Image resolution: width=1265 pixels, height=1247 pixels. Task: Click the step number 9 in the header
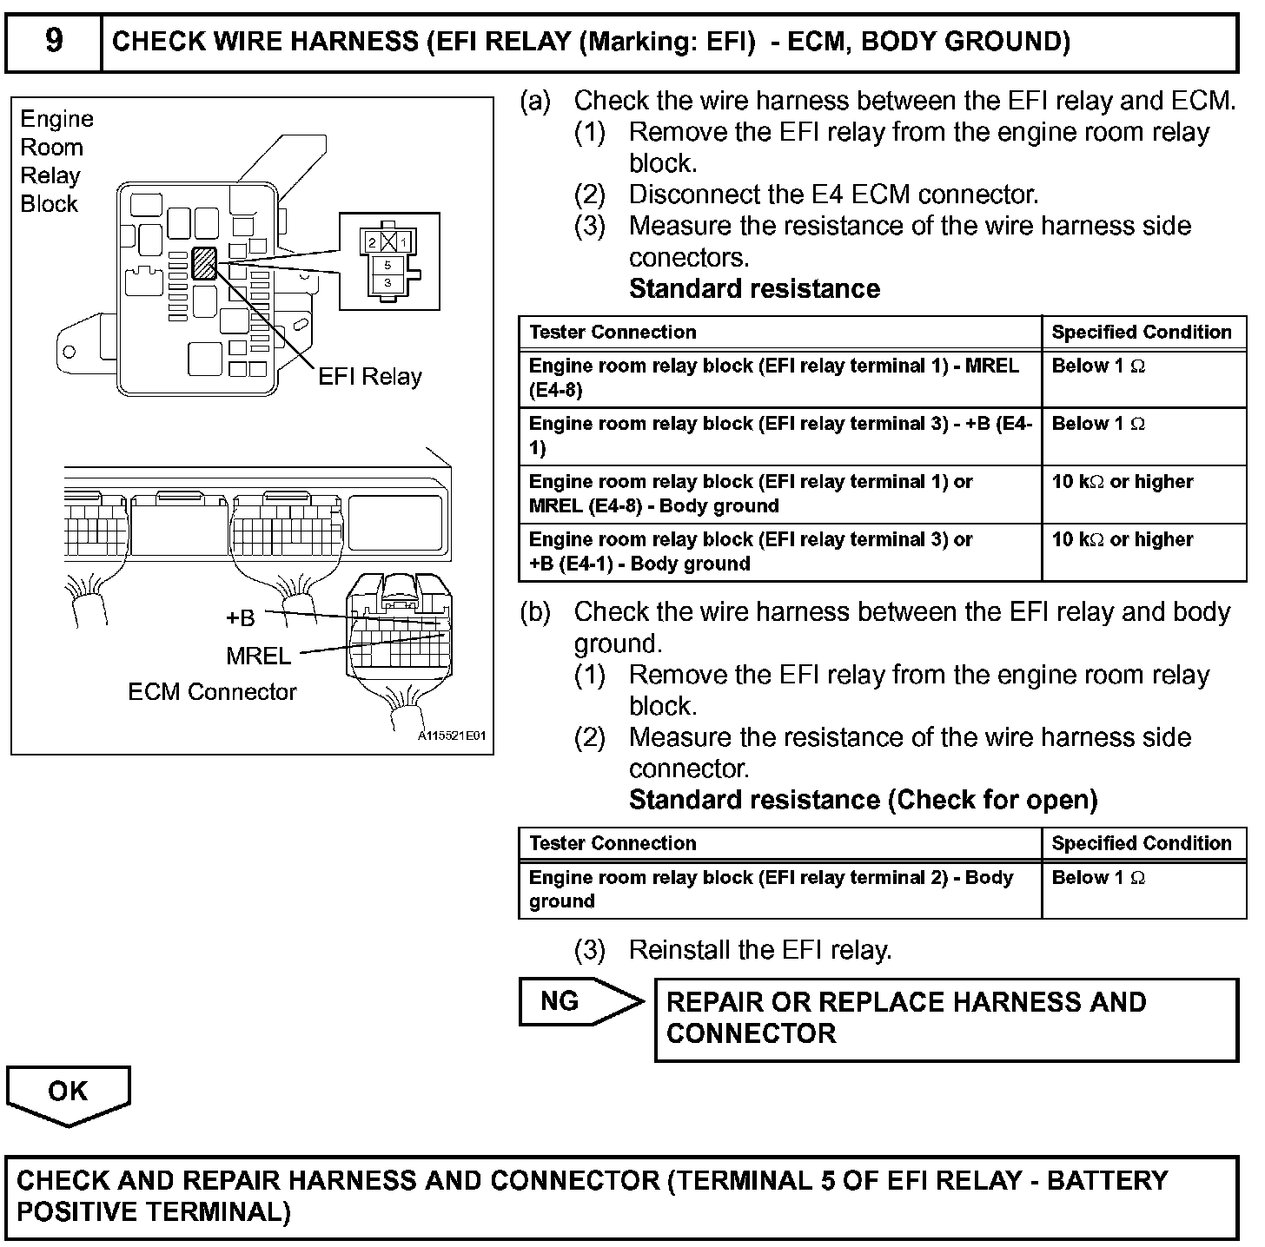(54, 41)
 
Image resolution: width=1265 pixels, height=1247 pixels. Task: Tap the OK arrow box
(68, 1092)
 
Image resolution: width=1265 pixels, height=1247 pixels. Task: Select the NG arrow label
(560, 1001)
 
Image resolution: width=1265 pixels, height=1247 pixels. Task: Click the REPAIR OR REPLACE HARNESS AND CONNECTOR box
(945, 1019)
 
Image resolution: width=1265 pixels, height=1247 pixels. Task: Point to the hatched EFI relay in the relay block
(204, 263)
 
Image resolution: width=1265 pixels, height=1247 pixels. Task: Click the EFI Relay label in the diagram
(369, 377)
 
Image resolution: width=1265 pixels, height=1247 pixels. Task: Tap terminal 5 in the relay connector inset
(387, 265)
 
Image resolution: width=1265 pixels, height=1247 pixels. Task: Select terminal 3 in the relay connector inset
(387, 283)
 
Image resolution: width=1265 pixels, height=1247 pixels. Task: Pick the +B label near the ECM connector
(240, 617)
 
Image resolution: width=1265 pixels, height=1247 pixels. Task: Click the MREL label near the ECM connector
(258, 656)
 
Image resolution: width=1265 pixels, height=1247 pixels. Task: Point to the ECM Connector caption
(212, 692)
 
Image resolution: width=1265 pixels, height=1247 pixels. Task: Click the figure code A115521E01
(452, 736)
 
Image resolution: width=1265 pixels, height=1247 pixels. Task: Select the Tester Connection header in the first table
(613, 332)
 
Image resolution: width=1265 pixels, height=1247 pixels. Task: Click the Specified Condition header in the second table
(1141, 843)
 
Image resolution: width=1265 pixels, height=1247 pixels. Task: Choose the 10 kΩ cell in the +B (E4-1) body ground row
(1122, 540)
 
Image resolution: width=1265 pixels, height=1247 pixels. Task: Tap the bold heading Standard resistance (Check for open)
(863, 800)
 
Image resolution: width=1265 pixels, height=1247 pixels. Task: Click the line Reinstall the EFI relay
(759, 950)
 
